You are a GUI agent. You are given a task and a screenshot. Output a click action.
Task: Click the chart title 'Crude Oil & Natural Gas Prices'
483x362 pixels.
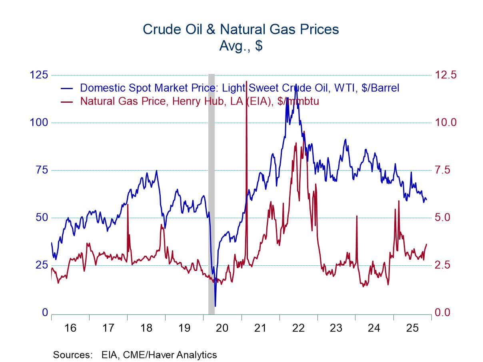[241, 29]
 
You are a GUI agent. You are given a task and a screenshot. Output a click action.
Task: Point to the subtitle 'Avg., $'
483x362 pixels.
[241, 46]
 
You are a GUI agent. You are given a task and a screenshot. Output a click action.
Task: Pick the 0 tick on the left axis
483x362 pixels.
[45, 313]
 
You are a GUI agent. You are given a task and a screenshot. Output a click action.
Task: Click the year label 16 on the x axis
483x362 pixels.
[70, 328]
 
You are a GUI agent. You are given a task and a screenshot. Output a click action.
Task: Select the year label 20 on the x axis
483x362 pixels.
[222, 328]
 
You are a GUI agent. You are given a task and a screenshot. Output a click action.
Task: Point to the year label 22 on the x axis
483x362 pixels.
[298, 328]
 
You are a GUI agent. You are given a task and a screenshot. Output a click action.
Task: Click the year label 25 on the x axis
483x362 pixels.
[412, 328]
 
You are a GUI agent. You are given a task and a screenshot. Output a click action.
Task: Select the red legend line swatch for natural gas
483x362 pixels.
[66, 101]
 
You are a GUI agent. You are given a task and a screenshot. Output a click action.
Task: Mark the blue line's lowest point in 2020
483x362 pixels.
[215, 306]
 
